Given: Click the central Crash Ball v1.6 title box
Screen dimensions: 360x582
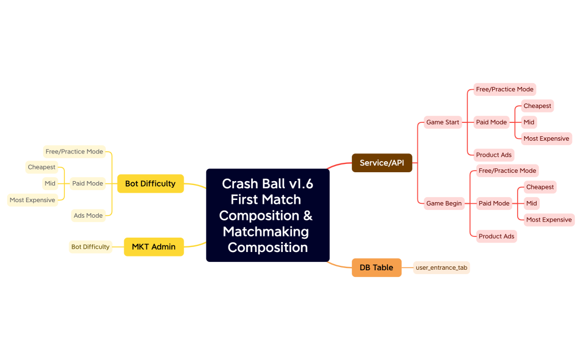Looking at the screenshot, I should pos(268,215).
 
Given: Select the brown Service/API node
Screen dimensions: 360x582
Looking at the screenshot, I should pos(382,163).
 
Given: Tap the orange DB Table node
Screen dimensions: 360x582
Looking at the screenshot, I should pos(376,268).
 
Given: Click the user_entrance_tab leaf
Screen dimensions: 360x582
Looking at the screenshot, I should pos(441,268).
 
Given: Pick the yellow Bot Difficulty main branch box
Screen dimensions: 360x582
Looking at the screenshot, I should pos(150,183).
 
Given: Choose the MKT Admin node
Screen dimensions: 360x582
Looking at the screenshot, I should pos(154,246).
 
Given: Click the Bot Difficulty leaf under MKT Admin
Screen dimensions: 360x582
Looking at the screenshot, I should pos(90,246).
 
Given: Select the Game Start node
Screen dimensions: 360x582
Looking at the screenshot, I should pos(443,122).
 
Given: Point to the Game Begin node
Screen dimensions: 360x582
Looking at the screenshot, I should pos(444,203).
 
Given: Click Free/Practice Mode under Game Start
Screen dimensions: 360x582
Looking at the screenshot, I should pos(504,89).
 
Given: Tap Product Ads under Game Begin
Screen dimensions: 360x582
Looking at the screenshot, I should pos(496,236).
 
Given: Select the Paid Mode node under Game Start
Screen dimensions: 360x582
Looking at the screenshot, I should pos(492,122).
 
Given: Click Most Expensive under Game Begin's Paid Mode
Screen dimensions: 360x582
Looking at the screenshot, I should pos(549,219).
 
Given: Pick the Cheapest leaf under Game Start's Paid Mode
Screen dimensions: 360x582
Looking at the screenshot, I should pos(537,106).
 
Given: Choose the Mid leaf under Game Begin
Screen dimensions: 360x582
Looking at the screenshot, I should pos(532,203).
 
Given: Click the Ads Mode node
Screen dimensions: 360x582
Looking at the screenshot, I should pos(88,215).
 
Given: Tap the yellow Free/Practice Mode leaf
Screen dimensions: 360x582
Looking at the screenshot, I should pos(74,151).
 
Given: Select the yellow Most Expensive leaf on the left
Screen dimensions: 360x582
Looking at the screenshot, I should pos(33,200).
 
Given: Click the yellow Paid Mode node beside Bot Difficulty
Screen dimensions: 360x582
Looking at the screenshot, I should pos(88,183).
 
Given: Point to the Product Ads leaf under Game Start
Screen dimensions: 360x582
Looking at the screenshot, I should pos(494,155).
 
